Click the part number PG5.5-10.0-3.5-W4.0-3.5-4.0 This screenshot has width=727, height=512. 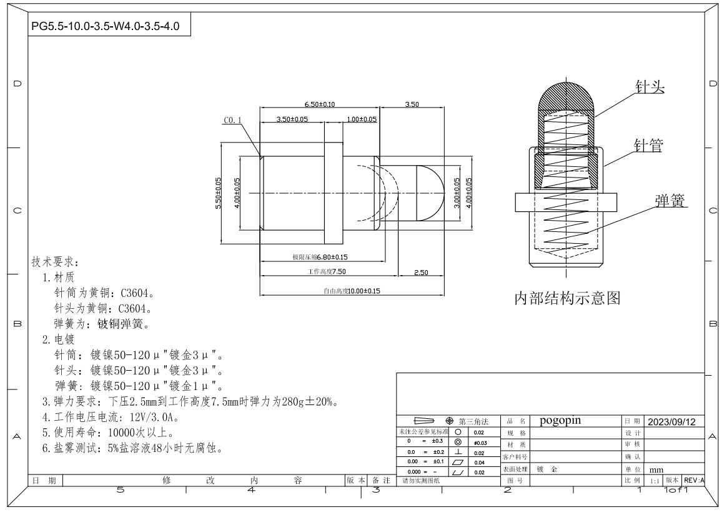[106, 26]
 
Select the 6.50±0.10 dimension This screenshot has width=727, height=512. [319, 104]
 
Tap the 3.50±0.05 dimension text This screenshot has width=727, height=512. [292, 119]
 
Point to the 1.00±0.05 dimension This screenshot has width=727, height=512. [362, 119]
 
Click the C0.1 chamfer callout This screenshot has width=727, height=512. [233, 120]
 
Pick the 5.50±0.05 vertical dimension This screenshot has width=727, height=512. [218, 193]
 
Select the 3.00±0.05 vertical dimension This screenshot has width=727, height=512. [457, 193]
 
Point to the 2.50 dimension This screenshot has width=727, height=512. [421, 273]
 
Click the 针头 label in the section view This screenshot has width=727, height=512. [650, 86]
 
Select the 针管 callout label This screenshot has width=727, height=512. [648, 145]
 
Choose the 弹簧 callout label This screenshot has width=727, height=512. [670, 201]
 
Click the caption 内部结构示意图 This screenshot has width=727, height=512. [567, 298]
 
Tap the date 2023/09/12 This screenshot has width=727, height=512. [672, 422]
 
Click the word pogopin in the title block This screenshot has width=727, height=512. [560, 421]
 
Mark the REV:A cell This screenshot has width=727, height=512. [694, 481]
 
